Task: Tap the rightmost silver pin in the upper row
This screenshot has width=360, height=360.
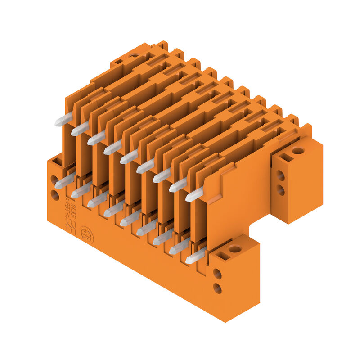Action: pyautogui.click(x=194, y=195)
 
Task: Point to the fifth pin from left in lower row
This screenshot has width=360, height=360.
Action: pyautogui.click(x=130, y=219)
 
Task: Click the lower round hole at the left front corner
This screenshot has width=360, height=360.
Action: pyautogui.click(x=55, y=195)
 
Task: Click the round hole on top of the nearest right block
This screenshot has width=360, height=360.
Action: pyautogui.click(x=235, y=248)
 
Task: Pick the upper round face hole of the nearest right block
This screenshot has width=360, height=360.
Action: pyautogui.click(x=217, y=274)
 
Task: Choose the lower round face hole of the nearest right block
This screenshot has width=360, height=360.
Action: pyautogui.click(x=217, y=288)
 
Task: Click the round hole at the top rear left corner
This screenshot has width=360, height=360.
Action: pyautogui.click(x=134, y=55)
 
